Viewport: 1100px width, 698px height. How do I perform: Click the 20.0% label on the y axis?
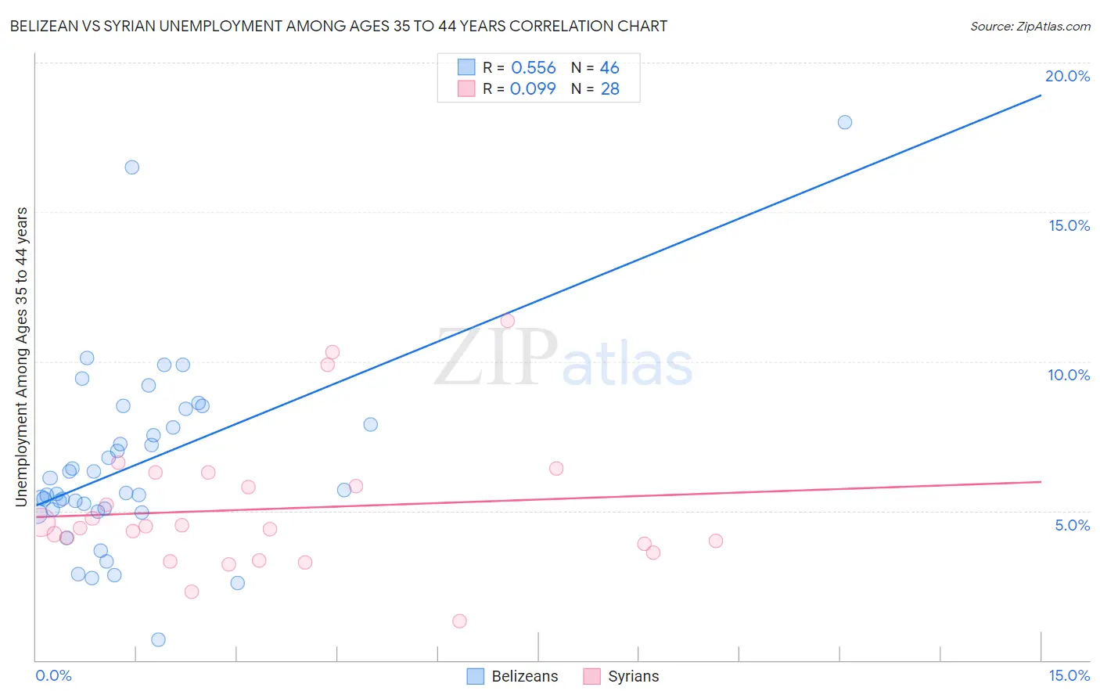1067,76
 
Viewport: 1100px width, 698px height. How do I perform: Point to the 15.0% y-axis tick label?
1069,225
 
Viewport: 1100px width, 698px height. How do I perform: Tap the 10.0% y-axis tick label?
1069,376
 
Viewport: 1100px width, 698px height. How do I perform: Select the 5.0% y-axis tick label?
1072,525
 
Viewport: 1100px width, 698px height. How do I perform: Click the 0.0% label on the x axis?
53,675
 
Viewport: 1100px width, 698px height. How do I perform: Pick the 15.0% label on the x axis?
1069,675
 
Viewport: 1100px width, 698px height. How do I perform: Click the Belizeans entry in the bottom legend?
512,676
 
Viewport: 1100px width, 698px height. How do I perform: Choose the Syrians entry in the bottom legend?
620,676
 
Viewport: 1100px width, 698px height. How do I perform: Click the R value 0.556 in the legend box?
534,67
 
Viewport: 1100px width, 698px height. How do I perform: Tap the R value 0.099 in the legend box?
533,88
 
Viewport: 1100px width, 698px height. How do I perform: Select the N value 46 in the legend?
609,67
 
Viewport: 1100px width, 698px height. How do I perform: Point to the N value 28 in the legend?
610,88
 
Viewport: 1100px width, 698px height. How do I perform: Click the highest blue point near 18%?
845,122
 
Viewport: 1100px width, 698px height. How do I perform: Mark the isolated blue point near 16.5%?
132,167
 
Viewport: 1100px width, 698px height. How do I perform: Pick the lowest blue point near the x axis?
158,639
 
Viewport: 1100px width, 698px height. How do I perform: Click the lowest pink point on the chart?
459,621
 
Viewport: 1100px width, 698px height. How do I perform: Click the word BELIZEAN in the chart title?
43,26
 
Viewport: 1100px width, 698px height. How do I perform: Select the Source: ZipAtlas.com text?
1030,27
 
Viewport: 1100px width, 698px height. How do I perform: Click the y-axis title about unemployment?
22,357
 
